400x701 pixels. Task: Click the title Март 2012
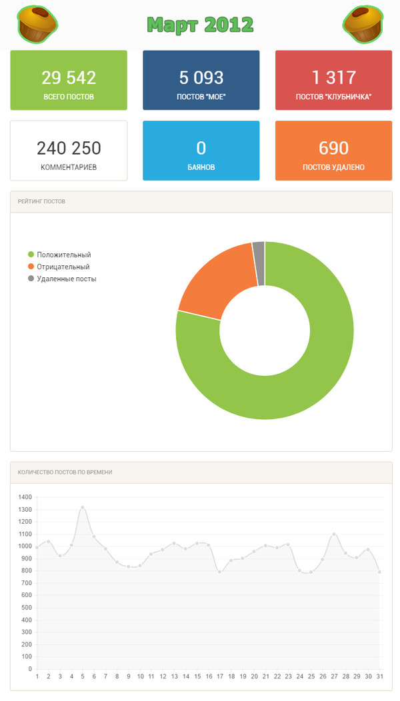[200, 25]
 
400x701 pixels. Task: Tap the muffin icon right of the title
[364, 24]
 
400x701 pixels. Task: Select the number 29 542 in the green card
[69, 77]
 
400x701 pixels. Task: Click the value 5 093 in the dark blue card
[201, 77]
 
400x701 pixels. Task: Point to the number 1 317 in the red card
[333, 77]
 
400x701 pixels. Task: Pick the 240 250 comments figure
[69, 147]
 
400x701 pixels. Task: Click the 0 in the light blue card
[201, 147]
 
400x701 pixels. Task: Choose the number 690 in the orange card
[333, 147]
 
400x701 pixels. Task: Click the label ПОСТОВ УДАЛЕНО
[333, 167]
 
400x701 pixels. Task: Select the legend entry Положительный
[64, 255]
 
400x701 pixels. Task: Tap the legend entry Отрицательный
[63, 267]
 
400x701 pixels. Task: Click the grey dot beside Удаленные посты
[31, 279]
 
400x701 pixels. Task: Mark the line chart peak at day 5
[83, 508]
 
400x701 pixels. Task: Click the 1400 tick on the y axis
[25, 497]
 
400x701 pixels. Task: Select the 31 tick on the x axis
[379, 676]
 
